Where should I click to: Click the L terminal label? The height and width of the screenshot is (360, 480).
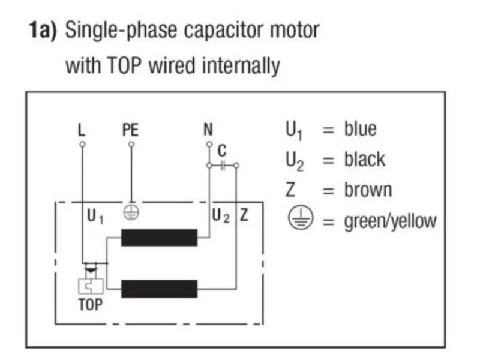coord(82,130)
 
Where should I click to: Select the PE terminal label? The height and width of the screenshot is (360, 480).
coord(131,130)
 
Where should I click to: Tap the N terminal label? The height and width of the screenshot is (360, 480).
coord(208,130)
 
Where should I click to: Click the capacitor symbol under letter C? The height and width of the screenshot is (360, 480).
coord(223,164)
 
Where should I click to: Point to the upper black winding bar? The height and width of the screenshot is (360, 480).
coord(159,238)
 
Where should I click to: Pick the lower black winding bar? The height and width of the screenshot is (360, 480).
coord(159,289)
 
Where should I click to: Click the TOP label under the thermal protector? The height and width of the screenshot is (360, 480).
coord(90,304)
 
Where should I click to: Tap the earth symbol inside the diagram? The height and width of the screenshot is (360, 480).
coord(131,211)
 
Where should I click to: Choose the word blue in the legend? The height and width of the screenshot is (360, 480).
coord(360,129)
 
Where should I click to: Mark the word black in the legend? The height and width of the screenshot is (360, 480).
coord(364,160)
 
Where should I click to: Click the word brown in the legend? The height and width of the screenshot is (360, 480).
coord(368,190)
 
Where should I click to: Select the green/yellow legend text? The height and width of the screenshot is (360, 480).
coord(390,221)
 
